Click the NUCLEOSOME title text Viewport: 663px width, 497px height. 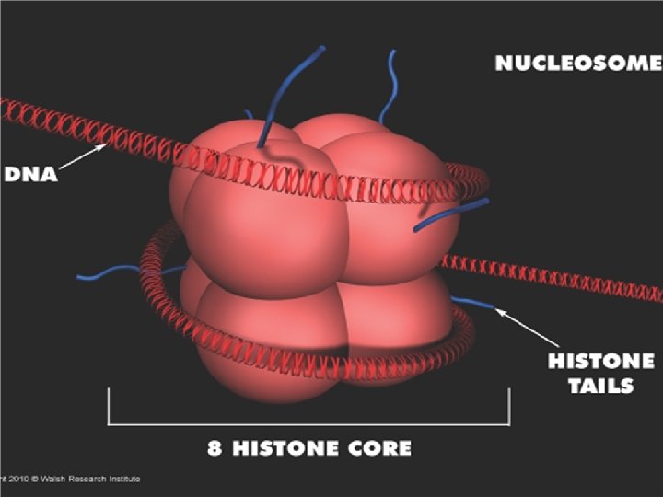point(578,64)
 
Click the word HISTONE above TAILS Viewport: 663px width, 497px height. point(600,361)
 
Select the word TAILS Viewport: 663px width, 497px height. point(600,385)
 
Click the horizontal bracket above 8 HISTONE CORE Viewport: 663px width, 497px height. point(308,422)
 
